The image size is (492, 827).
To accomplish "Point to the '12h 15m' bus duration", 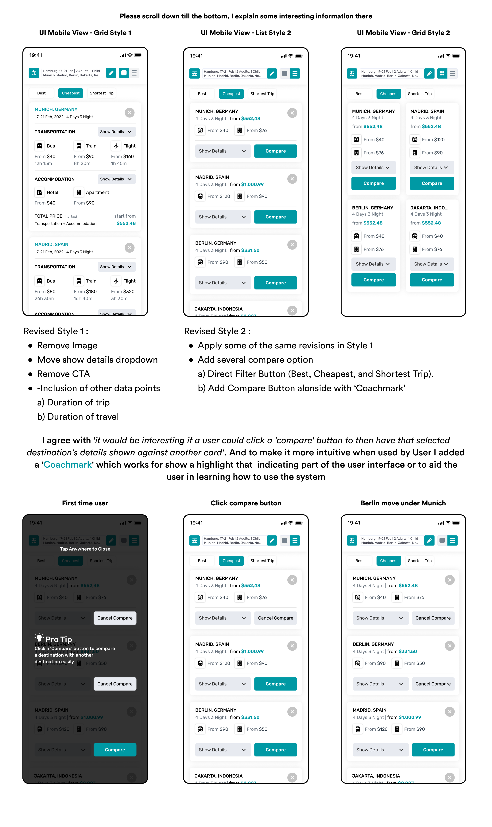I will [x=43, y=163].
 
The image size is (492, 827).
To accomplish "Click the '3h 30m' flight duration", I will [x=119, y=299].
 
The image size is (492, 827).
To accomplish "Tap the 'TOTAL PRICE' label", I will [x=48, y=216].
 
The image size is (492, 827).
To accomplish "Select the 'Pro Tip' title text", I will [x=59, y=639].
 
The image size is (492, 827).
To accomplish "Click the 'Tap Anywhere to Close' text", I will [x=85, y=549].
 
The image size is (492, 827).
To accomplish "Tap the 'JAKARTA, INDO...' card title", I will [x=429, y=208].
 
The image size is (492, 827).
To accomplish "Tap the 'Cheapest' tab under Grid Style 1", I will [x=71, y=93].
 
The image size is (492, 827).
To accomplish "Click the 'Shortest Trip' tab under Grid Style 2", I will [x=420, y=94].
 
